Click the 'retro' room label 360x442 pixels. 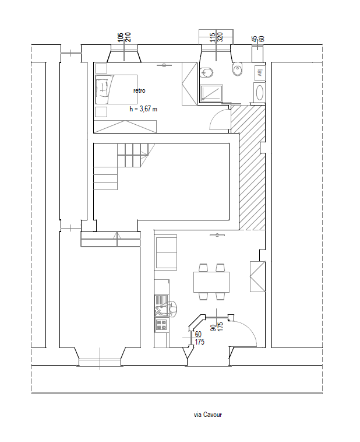click(x=139, y=90)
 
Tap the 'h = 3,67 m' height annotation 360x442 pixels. click(x=143, y=109)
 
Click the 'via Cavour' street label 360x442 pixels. click(x=208, y=415)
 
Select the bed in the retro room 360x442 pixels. click(x=116, y=89)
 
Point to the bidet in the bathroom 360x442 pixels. click(x=206, y=73)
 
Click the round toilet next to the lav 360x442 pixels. click(x=237, y=71)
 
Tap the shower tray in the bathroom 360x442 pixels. click(x=211, y=94)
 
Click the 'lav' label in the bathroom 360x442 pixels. click(x=260, y=72)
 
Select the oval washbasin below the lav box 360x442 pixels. click(x=259, y=93)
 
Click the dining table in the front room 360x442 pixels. click(x=211, y=282)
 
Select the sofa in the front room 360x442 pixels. click(x=167, y=252)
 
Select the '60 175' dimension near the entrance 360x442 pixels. click(x=199, y=338)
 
